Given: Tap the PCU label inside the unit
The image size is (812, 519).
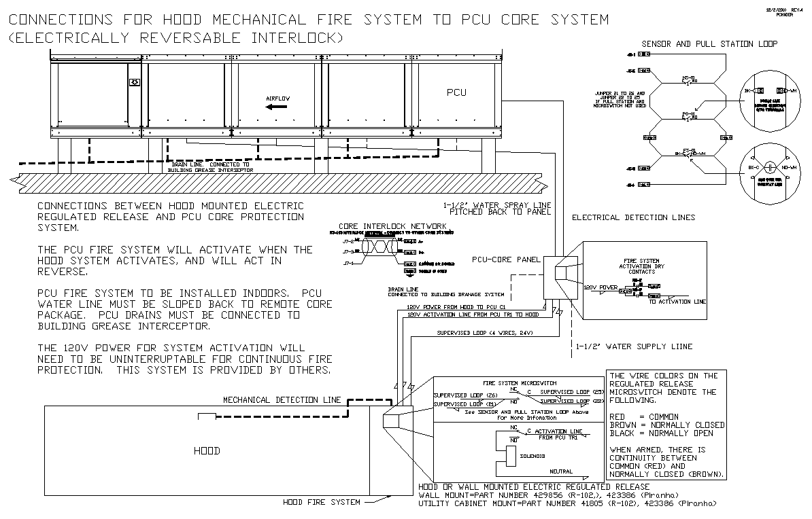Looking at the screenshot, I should pyautogui.click(x=456, y=92).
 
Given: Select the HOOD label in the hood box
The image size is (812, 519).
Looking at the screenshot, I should pyautogui.click(x=207, y=450).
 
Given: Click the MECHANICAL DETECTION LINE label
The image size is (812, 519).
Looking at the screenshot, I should pyautogui.click(x=282, y=400).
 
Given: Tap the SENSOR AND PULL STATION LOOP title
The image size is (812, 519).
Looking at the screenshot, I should pyautogui.click(x=709, y=44).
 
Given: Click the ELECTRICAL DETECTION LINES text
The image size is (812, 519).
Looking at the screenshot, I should pyautogui.click(x=633, y=217).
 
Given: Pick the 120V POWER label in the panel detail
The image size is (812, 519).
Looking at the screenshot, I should pyautogui.click(x=600, y=287).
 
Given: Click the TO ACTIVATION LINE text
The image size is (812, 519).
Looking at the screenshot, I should pyautogui.click(x=677, y=302).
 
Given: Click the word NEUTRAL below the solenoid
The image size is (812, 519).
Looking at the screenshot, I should pyautogui.click(x=561, y=471).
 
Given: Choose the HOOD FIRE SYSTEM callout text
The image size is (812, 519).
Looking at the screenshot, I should pyautogui.click(x=320, y=503).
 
